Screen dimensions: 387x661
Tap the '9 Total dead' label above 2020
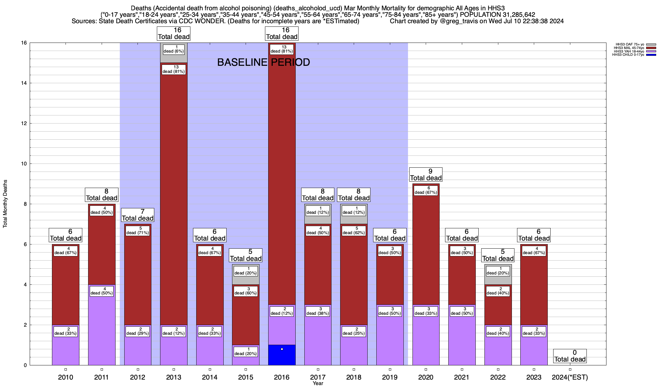click(426, 175)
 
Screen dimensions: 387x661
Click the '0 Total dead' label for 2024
click(570, 356)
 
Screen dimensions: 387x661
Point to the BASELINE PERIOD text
click(263, 62)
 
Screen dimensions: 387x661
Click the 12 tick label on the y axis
click(24, 124)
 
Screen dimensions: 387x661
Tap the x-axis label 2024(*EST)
click(570, 377)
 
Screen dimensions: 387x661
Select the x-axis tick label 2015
click(246, 377)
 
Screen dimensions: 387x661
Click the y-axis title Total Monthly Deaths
click(5, 204)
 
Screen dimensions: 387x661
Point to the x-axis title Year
click(318, 383)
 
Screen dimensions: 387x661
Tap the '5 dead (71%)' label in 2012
click(138, 231)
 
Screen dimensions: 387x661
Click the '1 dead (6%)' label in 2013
click(174, 49)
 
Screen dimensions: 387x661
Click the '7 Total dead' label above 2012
click(137, 215)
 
